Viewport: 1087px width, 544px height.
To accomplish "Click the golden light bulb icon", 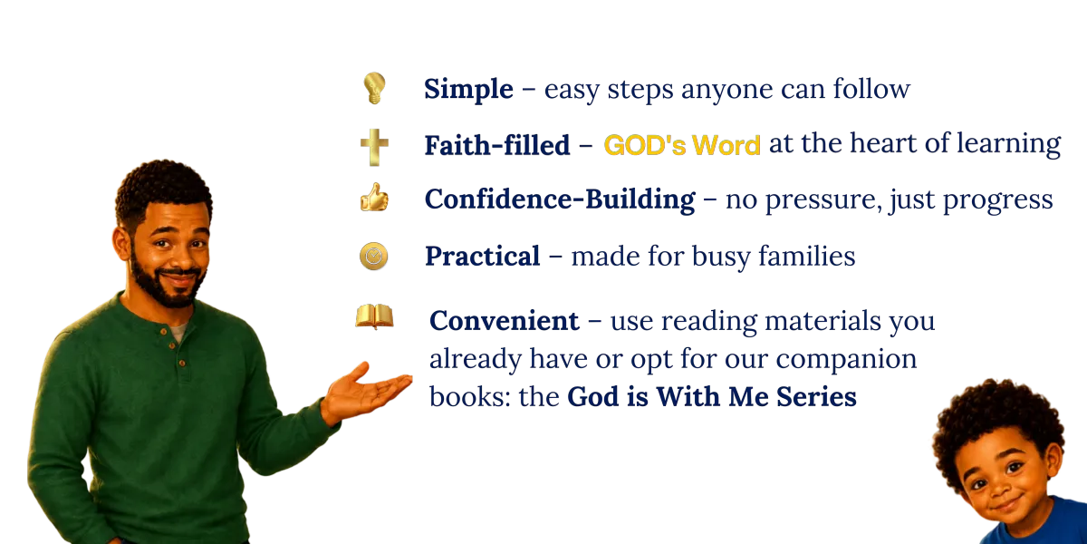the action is point(374,88).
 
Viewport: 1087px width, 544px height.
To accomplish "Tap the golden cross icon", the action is point(375,147).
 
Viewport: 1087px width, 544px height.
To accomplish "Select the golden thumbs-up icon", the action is point(374,198).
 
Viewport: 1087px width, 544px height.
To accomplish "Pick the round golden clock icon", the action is point(373,256).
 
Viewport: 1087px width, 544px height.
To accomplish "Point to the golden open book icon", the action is point(374,316).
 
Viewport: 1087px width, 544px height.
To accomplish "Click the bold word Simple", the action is point(468,90).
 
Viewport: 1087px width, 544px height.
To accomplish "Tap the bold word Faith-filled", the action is point(497,145).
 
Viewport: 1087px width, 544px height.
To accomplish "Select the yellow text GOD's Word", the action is point(682,145).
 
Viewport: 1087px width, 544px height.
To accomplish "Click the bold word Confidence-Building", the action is point(560,199).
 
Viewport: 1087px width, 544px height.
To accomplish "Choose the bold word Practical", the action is point(482,256).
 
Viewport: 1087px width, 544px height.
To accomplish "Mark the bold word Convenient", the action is point(505,321).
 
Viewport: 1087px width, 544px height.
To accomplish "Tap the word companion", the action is point(846,361).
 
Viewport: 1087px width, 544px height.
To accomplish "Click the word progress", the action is point(997,201).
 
